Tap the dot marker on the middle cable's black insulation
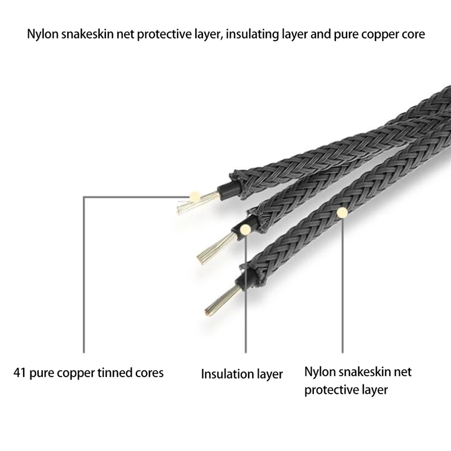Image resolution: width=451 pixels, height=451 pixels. (x=245, y=229)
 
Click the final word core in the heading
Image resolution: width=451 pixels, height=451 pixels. (x=413, y=35)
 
